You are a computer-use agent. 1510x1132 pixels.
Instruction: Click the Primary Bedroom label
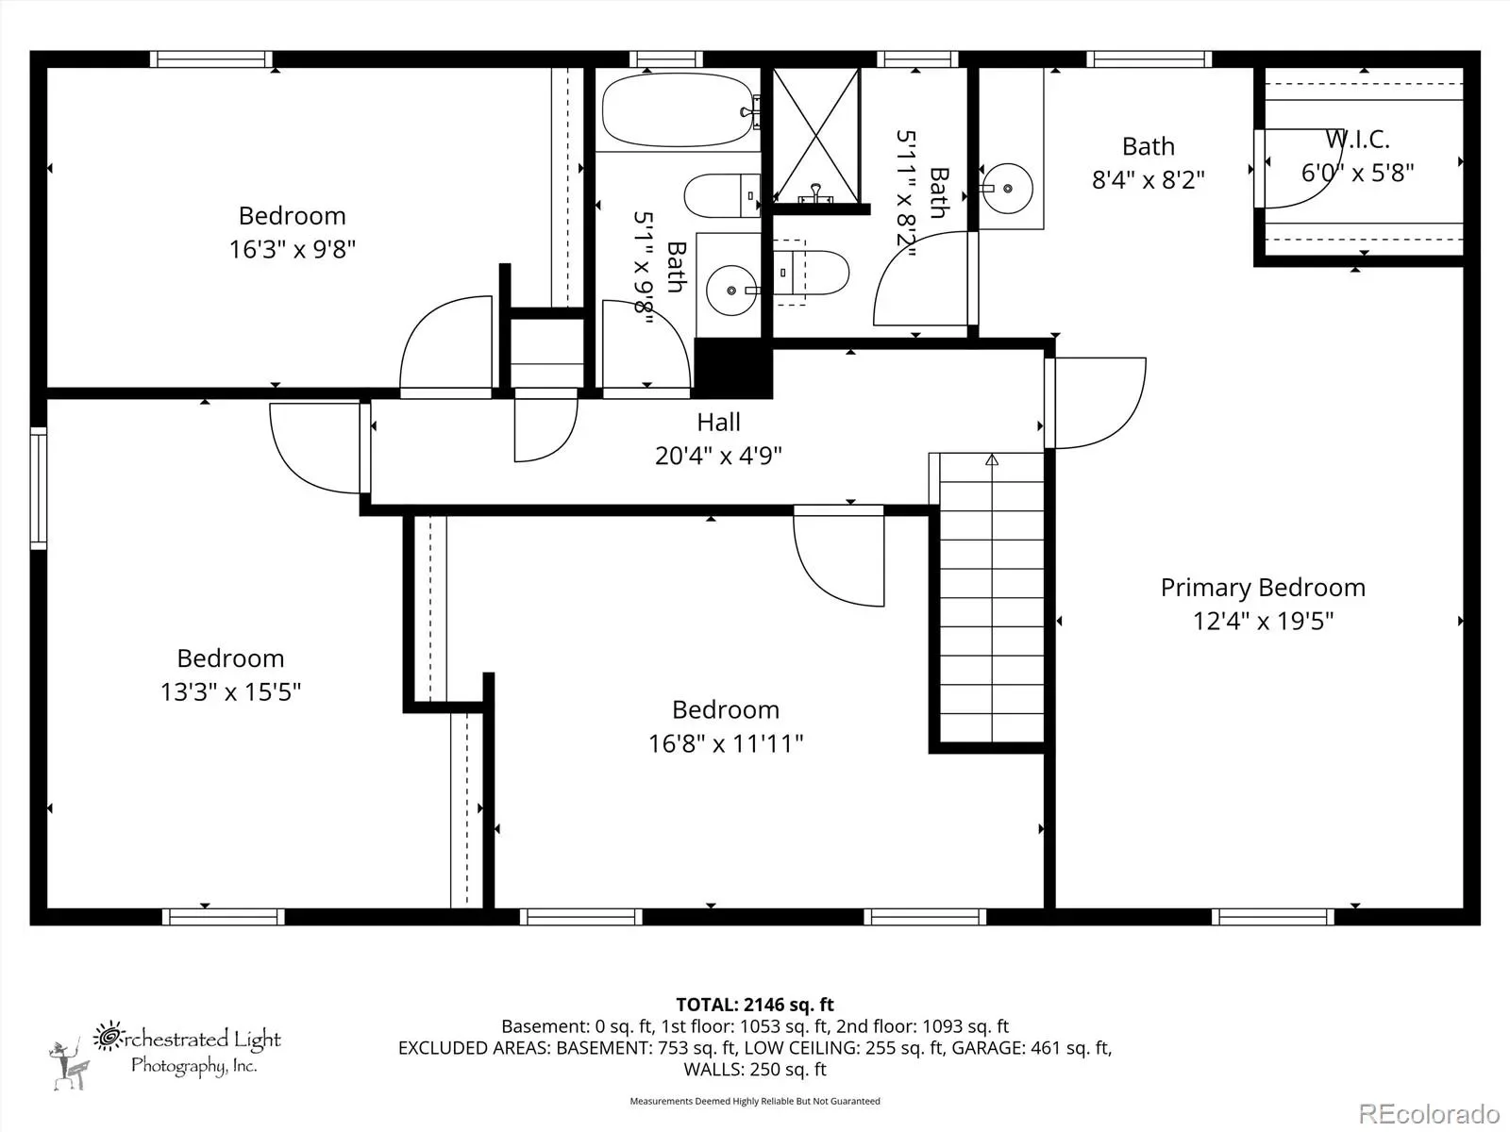[x=1263, y=588]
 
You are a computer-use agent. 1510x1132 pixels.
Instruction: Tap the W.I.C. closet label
[x=1357, y=140]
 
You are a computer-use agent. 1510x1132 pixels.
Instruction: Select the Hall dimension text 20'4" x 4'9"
[x=718, y=456]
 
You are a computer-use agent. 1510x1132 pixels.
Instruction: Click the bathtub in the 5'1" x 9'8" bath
[x=679, y=110]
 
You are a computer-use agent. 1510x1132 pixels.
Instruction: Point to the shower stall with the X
[x=816, y=135]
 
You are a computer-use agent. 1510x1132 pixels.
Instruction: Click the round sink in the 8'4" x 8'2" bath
[x=1007, y=189]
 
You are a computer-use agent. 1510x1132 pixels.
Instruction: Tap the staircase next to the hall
[x=991, y=597]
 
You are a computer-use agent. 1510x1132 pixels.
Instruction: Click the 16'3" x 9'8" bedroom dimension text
[x=293, y=249]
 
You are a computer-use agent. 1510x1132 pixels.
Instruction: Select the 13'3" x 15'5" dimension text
[x=230, y=691]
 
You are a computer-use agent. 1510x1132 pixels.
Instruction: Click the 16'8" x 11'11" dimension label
[x=726, y=743]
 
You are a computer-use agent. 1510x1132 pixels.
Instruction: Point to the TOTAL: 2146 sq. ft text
[x=755, y=1004]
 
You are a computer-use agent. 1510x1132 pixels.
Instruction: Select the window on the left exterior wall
[x=39, y=488]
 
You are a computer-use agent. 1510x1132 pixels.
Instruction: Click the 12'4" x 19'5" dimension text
[x=1263, y=622]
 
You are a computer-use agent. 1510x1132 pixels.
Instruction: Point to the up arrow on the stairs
[x=991, y=459]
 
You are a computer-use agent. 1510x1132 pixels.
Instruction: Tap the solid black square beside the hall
[x=732, y=369]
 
